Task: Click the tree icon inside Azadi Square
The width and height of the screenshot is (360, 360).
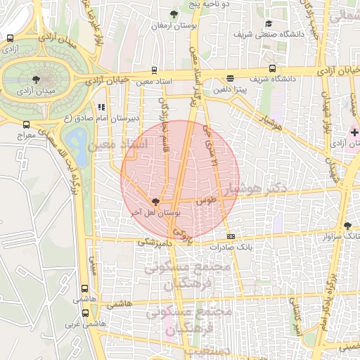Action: (x=37, y=79)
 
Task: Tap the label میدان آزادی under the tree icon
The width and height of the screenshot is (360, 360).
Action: (x=34, y=91)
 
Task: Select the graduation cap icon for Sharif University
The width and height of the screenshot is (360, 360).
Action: (x=267, y=23)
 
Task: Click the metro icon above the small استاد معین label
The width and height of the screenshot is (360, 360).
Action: (x=154, y=71)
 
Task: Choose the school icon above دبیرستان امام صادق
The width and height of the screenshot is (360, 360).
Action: (x=101, y=108)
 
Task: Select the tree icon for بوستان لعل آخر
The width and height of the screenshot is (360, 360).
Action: (x=155, y=201)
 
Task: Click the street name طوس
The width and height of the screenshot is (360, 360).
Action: (x=207, y=200)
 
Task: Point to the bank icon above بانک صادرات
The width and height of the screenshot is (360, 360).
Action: (x=230, y=236)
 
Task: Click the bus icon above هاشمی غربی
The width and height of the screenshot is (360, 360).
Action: (x=85, y=313)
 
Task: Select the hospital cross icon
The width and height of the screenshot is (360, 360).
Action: (x=354, y=132)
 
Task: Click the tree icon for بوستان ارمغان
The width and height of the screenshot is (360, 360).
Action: (x=174, y=13)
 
